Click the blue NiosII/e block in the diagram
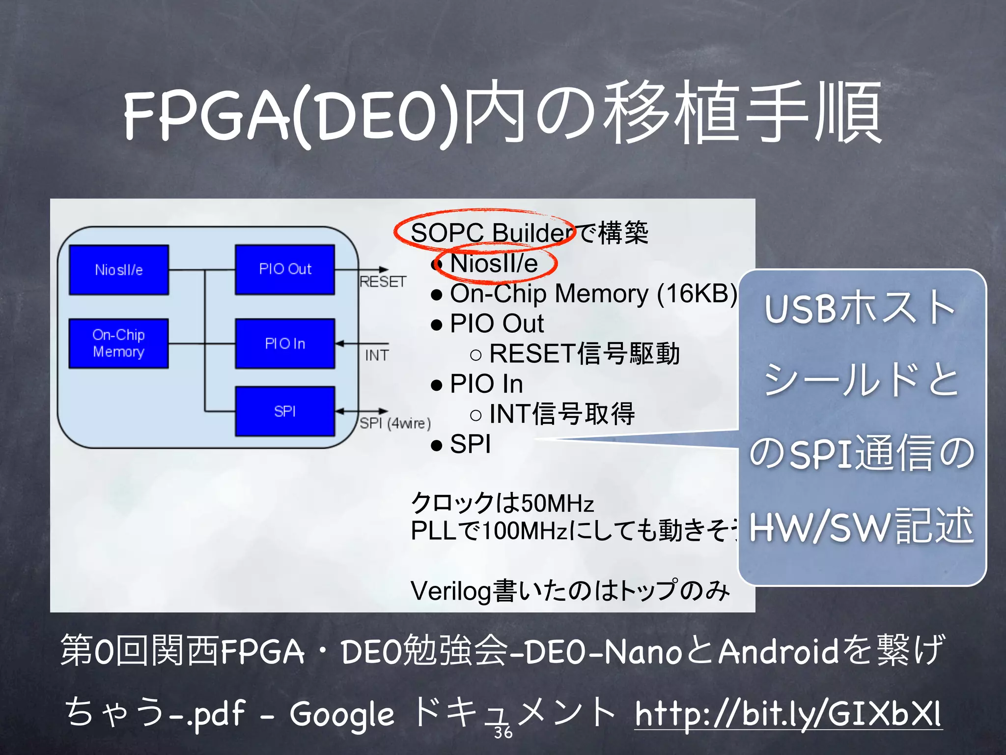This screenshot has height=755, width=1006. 119,270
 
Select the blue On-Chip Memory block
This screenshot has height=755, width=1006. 118,343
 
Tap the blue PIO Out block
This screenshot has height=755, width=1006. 285,269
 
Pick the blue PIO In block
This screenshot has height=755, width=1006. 285,343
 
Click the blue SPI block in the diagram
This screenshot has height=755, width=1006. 285,411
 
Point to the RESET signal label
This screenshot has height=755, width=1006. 383,282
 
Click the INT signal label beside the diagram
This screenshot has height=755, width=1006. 377,355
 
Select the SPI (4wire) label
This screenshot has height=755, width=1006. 395,423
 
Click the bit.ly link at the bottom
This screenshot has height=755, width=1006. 788,713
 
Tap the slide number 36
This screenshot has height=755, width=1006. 503,732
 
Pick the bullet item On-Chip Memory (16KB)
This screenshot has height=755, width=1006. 593,293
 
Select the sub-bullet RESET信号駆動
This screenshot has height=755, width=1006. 584,354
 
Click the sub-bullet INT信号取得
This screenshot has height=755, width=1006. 562,414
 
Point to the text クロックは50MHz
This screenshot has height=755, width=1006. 502,503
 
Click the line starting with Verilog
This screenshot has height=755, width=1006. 570,591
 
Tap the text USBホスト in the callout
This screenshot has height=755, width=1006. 860,309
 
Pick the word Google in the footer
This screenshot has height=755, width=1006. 341,714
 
